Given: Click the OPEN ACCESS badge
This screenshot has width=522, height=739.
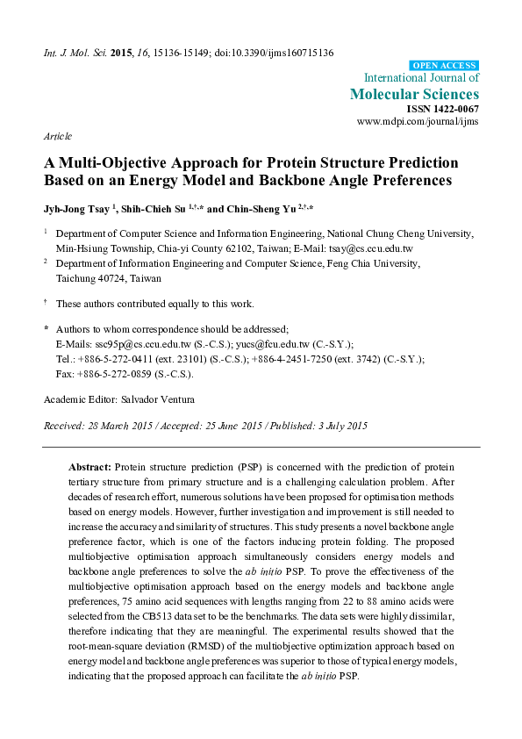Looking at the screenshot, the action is point(445,65).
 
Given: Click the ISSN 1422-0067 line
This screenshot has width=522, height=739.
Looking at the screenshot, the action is point(447,109).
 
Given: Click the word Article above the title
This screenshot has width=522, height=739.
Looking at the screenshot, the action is point(58,138).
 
